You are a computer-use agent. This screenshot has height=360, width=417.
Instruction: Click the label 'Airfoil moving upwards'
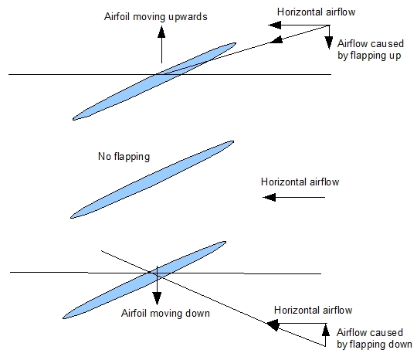[155, 17]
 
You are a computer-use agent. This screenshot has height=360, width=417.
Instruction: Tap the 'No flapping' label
[124, 157]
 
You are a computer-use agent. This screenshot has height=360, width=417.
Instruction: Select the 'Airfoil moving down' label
[165, 313]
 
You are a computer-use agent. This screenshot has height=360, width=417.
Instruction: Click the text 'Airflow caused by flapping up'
[371, 49]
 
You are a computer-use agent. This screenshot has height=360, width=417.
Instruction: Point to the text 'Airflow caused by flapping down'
[375, 338]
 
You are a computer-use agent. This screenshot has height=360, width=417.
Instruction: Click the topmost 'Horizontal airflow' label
[316, 12]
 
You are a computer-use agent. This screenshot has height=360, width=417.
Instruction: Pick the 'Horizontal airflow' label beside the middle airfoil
[300, 182]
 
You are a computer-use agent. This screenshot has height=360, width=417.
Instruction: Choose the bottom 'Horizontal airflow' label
[314, 311]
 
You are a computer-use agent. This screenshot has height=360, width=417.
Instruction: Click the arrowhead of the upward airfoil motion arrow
[161, 32]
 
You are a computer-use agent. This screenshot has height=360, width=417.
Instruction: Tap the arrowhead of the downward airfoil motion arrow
[157, 298]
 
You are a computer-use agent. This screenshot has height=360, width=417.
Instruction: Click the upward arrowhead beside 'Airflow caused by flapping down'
[326, 330]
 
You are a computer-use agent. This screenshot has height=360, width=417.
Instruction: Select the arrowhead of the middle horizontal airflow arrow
[270, 198]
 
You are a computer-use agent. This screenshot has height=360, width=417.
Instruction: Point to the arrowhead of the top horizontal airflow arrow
[274, 25]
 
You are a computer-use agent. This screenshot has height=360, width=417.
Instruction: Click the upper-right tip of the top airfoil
[236, 43]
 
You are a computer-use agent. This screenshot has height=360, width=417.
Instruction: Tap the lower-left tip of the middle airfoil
[71, 218]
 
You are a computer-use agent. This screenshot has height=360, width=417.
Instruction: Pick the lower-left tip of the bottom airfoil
[63, 318]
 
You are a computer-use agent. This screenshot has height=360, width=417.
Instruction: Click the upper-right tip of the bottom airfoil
[225, 242]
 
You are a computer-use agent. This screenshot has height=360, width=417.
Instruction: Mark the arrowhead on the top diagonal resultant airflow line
[276, 40]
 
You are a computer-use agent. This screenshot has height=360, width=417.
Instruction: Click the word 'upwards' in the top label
[188, 17]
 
